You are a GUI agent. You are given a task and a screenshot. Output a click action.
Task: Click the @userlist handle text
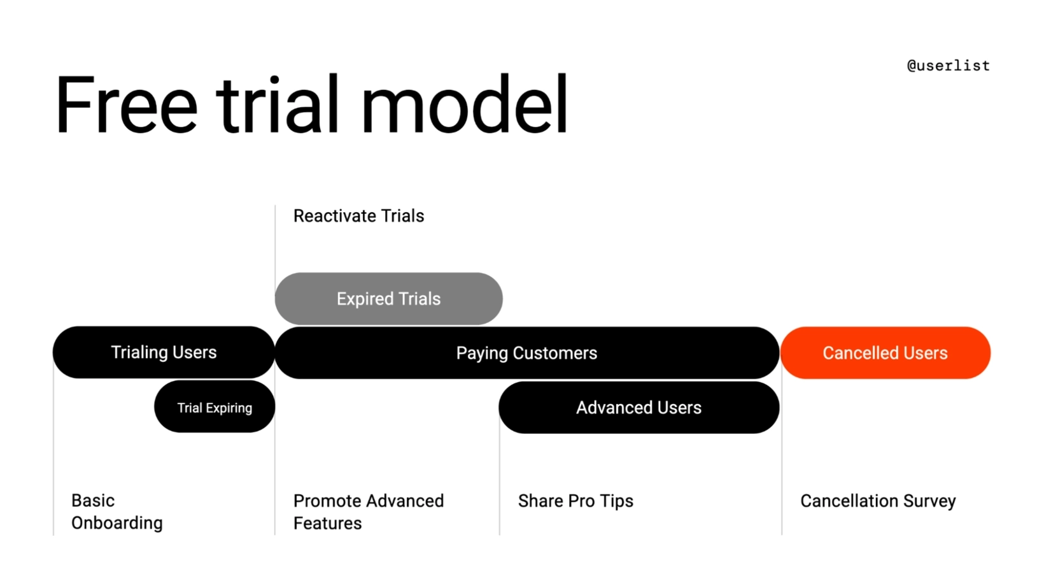tap(948, 66)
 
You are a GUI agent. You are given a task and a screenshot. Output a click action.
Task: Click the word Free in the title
tap(126, 105)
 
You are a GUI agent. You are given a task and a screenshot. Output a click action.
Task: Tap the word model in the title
tap(463, 105)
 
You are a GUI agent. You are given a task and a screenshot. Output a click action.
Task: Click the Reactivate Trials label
tap(358, 216)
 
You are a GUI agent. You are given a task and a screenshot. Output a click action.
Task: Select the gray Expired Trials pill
tap(388, 299)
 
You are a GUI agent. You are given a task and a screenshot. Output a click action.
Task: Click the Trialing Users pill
tap(164, 352)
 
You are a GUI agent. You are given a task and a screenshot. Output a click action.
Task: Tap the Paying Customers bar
tap(526, 353)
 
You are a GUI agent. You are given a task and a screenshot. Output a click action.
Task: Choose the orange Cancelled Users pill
tap(885, 353)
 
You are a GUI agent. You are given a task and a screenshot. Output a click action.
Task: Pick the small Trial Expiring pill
tap(215, 408)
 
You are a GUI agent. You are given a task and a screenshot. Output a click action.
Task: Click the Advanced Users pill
tap(638, 408)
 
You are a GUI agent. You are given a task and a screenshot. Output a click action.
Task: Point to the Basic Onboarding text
tap(116, 512)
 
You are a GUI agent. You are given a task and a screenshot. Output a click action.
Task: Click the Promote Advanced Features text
tap(368, 512)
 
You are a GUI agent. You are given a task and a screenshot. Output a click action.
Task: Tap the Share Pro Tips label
tap(575, 501)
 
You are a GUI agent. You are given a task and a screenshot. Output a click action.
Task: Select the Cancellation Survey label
tap(878, 501)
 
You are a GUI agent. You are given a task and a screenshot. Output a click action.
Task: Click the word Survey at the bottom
tap(929, 501)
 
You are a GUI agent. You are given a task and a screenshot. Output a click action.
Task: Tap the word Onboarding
tap(116, 523)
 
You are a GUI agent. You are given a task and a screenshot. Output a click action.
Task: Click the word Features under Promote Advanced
tap(327, 524)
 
